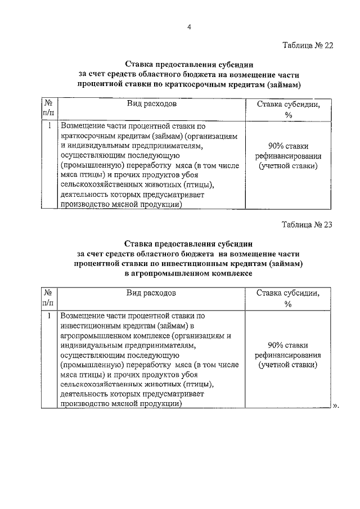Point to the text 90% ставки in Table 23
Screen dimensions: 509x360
288,345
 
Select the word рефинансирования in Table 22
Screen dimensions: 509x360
288,156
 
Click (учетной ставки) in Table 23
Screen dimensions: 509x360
288,365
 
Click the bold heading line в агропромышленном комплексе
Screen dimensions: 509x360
188,273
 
